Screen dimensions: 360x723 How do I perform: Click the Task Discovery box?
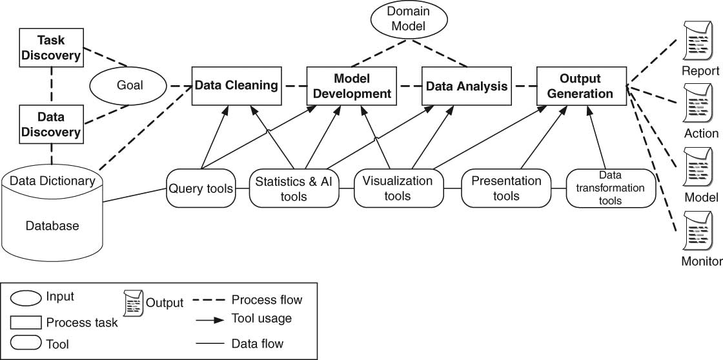[x=52, y=47]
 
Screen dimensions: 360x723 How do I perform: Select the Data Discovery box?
[x=52, y=125]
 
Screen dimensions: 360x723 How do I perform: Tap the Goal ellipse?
[x=129, y=86]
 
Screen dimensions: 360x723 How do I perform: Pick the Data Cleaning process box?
[x=236, y=86]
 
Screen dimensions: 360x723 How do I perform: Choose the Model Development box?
[x=351, y=86]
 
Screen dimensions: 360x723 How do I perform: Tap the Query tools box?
[x=201, y=188]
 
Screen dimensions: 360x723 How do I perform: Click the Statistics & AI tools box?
[x=294, y=188]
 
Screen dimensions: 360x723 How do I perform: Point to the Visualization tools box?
[x=397, y=188]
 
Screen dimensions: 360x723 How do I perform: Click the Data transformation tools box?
[x=610, y=188]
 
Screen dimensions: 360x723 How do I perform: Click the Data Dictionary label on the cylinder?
[x=52, y=181]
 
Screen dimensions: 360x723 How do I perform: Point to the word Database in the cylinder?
[x=52, y=226]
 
